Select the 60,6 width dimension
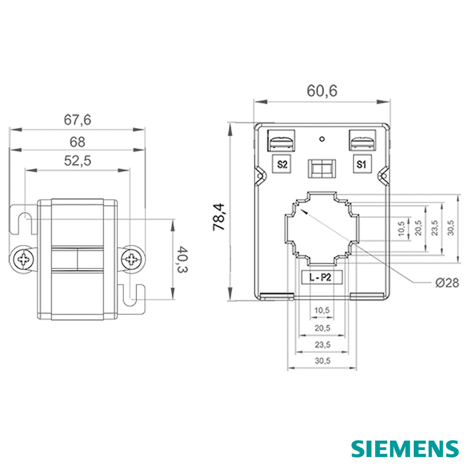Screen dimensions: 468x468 coord(322,91)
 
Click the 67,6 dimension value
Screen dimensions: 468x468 coord(78,120)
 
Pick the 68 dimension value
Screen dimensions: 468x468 coord(78,142)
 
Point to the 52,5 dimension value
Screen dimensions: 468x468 coord(78,161)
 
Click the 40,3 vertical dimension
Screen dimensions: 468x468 coord(183,259)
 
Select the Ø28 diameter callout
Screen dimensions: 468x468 coord(447,283)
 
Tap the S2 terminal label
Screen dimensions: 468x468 coord(282,165)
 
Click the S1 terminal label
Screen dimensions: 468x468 coord(362,165)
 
